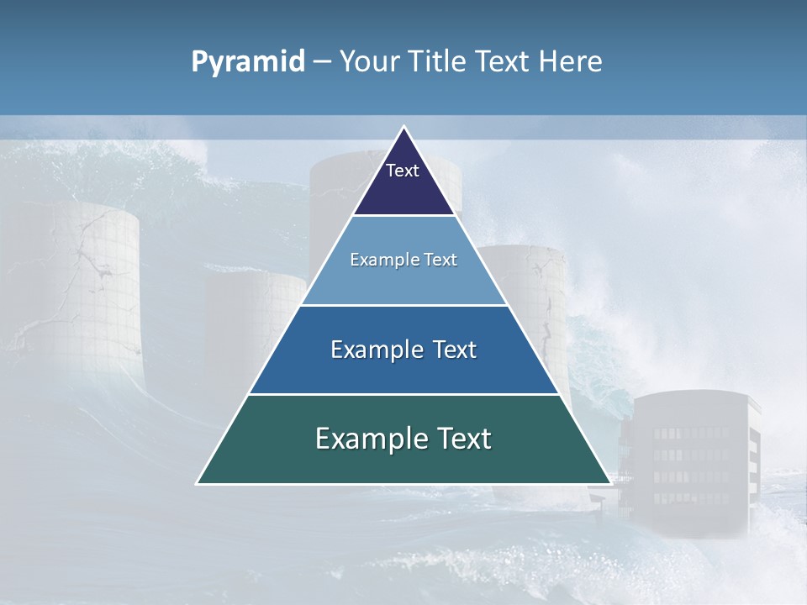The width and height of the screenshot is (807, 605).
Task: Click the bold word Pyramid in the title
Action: coord(248,62)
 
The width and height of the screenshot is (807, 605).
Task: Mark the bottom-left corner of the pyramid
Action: coord(198,482)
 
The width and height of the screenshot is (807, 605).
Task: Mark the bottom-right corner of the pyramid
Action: coord(609,482)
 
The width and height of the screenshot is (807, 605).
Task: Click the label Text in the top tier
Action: coord(403,171)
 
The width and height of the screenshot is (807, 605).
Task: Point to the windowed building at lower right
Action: coord(694,462)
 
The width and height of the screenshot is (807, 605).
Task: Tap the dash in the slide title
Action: coord(322,62)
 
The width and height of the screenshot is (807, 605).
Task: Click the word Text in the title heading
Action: coord(503,62)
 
